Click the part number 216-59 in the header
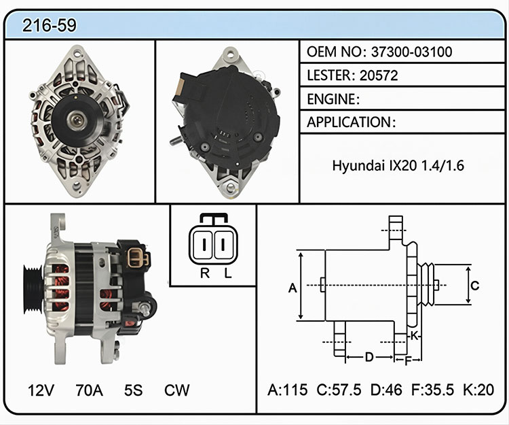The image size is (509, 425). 50,25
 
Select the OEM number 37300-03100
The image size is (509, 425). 411,52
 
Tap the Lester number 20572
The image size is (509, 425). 379,75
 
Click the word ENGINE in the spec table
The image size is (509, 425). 331,99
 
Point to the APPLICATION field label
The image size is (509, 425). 349,122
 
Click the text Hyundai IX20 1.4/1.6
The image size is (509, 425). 398,165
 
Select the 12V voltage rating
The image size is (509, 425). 41,390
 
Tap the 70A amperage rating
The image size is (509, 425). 90,390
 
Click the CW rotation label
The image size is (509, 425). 176,390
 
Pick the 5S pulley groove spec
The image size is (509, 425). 133,390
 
